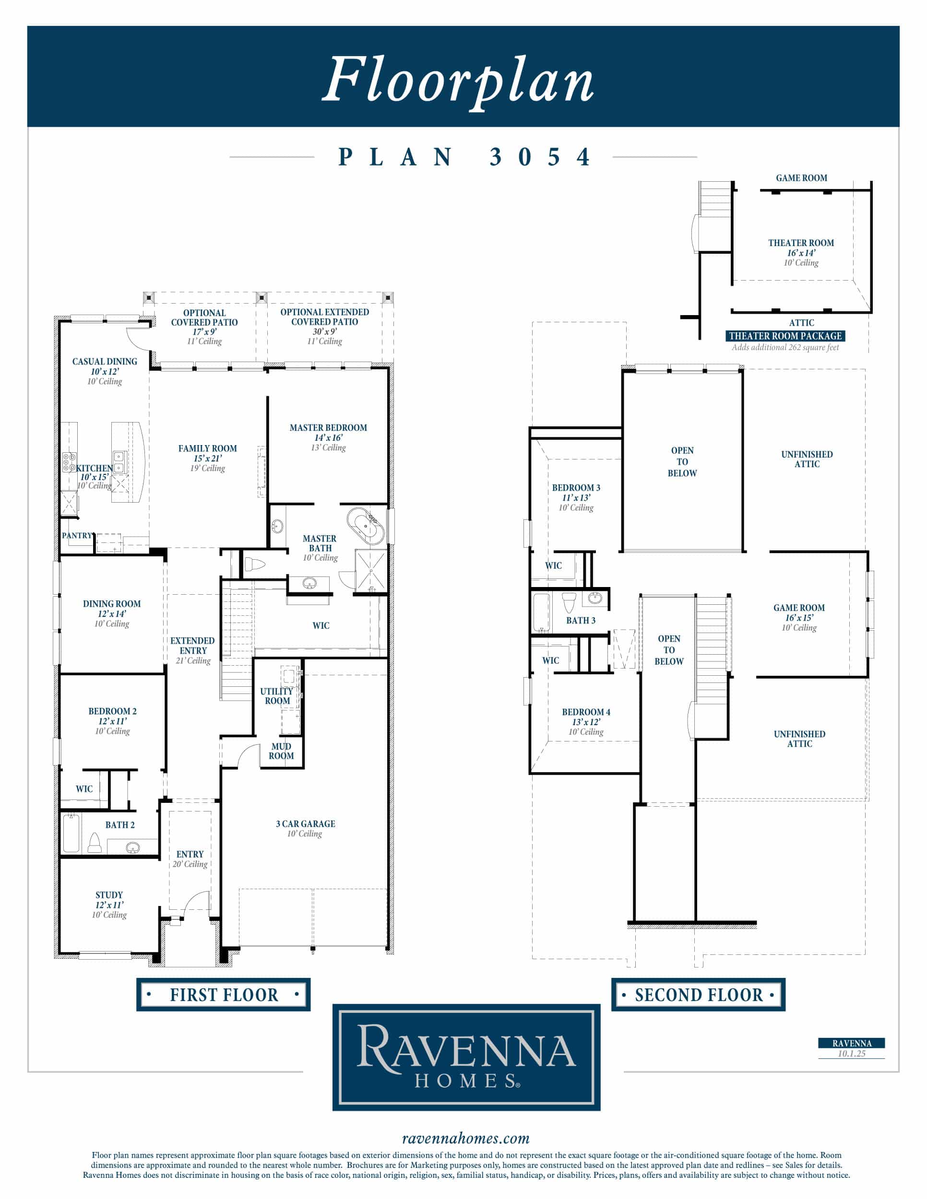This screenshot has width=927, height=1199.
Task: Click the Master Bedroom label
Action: coord(328,428)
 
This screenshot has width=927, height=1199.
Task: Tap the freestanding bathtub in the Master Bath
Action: coord(365,526)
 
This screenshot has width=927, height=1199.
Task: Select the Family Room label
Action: coord(208,448)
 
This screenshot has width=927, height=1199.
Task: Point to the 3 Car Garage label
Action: coord(305,823)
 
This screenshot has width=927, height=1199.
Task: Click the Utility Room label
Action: coord(277,696)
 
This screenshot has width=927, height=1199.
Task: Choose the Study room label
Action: coord(109,895)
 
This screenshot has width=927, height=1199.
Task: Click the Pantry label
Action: coord(77,535)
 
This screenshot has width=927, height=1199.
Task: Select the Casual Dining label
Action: coord(105,361)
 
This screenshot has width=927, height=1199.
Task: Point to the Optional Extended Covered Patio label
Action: coord(324,317)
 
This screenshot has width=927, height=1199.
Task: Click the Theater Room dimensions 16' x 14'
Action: coord(801,253)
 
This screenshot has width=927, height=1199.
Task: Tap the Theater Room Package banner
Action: coord(785,336)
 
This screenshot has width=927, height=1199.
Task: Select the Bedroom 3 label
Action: coord(576,487)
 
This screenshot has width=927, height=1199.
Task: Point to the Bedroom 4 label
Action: coord(586,712)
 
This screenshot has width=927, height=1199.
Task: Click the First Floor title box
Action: coord(224,994)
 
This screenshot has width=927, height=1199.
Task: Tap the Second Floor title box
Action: coord(699,994)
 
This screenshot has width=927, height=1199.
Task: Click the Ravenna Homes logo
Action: coord(466,1058)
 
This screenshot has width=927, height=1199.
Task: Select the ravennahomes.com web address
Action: coord(466,1139)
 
